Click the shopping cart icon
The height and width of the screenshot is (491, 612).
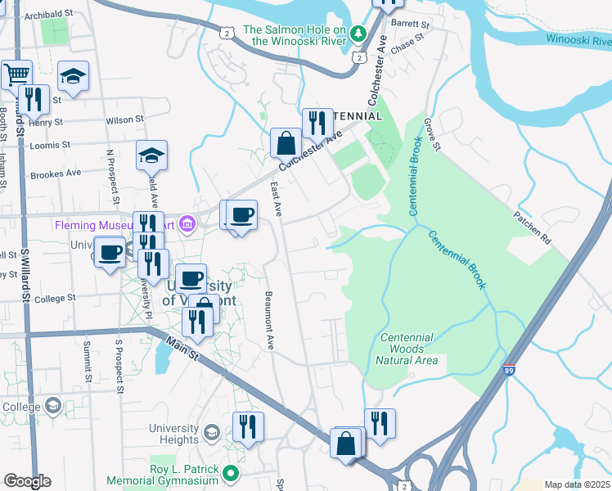(x=16, y=74)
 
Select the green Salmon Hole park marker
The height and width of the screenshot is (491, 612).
(x=358, y=34)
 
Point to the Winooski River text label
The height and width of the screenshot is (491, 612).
(x=578, y=38)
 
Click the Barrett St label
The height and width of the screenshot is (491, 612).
(x=410, y=25)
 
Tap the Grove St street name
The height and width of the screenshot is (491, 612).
(x=431, y=135)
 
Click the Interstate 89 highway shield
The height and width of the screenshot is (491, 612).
(x=509, y=370)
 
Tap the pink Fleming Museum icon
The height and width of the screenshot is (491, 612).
(x=188, y=223)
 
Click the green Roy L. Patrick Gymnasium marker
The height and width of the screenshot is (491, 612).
(x=232, y=472)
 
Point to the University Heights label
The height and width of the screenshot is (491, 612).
(x=173, y=434)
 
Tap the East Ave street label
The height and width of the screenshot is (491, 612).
(x=277, y=199)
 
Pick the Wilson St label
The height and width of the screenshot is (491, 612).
(x=124, y=119)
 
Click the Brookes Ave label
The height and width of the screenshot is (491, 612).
(x=56, y=174)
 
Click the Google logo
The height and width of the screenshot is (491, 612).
(x=27, y=481)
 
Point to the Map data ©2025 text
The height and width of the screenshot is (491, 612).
(x=576, y=484)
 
